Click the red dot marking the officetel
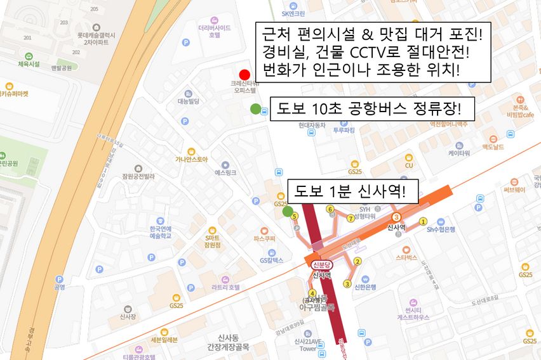(244, 74)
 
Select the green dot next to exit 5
(288, 211)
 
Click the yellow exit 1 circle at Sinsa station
(423, 221)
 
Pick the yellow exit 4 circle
(312, 292)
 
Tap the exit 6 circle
(330, 210)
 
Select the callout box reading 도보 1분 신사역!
(353, 191)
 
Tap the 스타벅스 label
(406, 257)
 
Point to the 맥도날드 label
(493, 146)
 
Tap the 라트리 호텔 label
(225, 286)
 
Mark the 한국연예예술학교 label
(160, 231)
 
